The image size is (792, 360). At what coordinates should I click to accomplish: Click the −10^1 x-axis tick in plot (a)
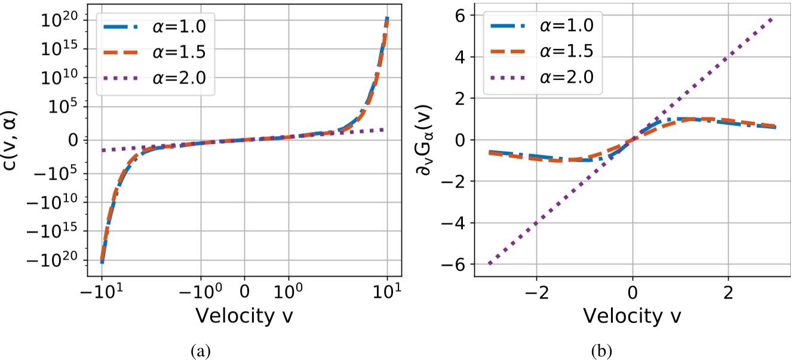(x=102, y=293)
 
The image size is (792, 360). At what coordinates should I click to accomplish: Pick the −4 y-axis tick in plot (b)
(x=454, y=223)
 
